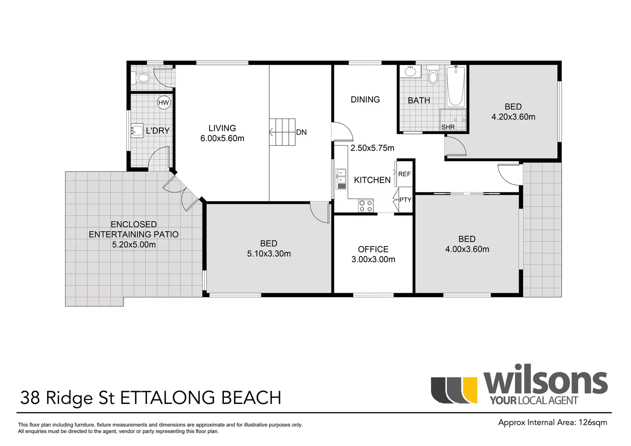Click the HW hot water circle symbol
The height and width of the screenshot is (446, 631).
click(x=164, y=102)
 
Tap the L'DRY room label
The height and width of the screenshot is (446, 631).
click(x=158, y=130)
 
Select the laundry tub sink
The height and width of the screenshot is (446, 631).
click(x=137, y=130)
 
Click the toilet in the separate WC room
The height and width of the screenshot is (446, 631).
click(x=141, y=78)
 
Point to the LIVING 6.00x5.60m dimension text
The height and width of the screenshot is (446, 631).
click(x=222, y=138)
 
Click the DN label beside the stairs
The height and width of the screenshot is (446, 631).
click(x=301, y=132)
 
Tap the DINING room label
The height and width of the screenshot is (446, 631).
click(x=365, y=100)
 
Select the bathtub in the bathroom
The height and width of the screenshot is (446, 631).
click(x=455, y=85)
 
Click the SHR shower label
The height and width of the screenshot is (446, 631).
click(x=448, y=127)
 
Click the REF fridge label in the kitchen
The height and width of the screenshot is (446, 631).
click(x=404, y=174)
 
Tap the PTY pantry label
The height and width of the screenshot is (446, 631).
click(x=405, y=199)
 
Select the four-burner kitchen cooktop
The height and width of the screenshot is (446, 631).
click(x=365, y=206)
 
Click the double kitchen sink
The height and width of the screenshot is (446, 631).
click(x=341, y=179)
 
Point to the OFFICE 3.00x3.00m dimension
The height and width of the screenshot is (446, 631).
click(x=373, y=259)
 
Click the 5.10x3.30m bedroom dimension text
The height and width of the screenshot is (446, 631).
click(x=269, y=254)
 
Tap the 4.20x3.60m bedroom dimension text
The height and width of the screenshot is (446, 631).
click(x=513, y=117)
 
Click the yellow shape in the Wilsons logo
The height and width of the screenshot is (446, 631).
click(x=470, y=390)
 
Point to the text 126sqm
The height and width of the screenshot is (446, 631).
click(x=593, y=422)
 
